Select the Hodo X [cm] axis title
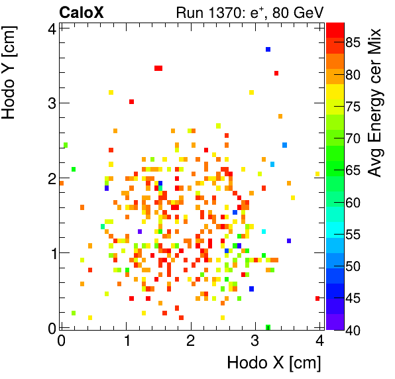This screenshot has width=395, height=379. (274, 363)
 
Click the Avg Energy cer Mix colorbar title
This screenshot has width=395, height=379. (376, 103)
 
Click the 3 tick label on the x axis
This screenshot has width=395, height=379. (255, 340)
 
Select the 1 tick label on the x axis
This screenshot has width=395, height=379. (126, 340)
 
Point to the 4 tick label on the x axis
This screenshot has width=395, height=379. (319, 340)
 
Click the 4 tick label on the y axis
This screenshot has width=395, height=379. (50, 28)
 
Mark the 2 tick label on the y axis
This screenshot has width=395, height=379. (50, 178)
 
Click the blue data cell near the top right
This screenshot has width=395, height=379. (268, 49)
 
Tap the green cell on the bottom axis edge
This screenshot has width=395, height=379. (268, 327)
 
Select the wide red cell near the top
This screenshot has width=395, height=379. (158, 68)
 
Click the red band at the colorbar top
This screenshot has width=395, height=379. (335, 28)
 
